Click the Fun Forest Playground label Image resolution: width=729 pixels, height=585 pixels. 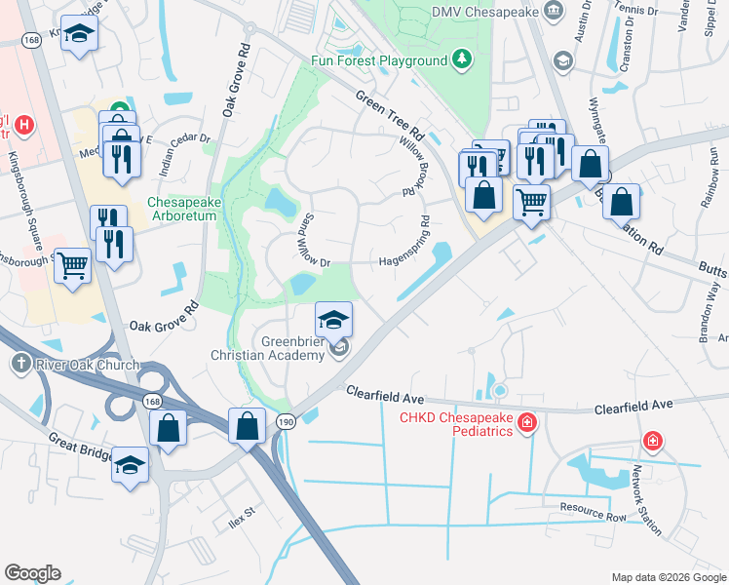[x=378, y=60]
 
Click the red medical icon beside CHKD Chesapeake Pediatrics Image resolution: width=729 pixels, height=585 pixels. [x=527, y=422]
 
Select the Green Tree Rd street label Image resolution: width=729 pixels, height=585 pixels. [x=390, y=115]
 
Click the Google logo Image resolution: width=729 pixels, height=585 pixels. [x=32, y=573]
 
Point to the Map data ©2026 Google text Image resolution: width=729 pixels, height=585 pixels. [x=668, y=576]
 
